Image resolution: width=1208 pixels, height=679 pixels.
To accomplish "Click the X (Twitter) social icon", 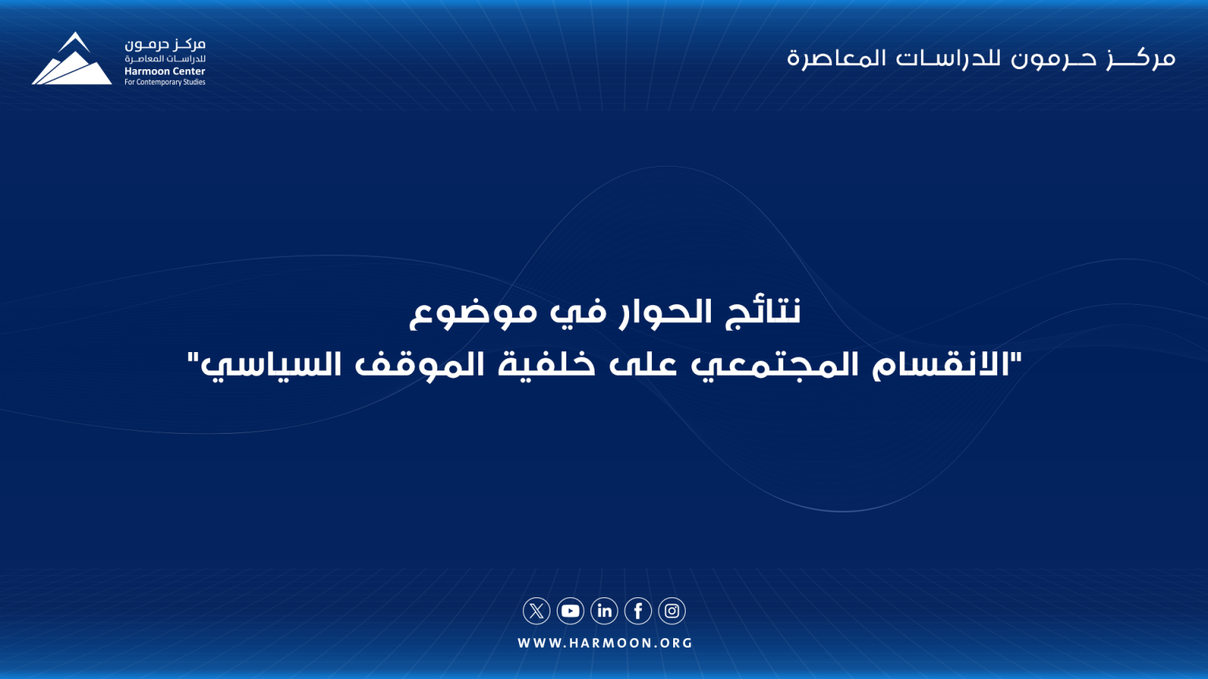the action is [x=536, y=611].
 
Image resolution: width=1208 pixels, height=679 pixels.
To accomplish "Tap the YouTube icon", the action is [x=570, y=611].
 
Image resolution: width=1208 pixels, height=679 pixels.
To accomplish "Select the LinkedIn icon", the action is [x=604, y=611].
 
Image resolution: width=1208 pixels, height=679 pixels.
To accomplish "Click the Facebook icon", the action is [x=638, y=611].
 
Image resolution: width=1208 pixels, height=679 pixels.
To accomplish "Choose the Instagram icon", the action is [x=672, y=611].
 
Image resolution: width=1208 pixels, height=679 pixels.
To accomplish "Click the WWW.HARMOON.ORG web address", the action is [x=605, y=643].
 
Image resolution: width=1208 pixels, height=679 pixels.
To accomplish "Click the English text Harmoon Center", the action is [x=164, y=72].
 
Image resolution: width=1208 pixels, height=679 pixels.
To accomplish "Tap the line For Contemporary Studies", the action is [x=164, y=83].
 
